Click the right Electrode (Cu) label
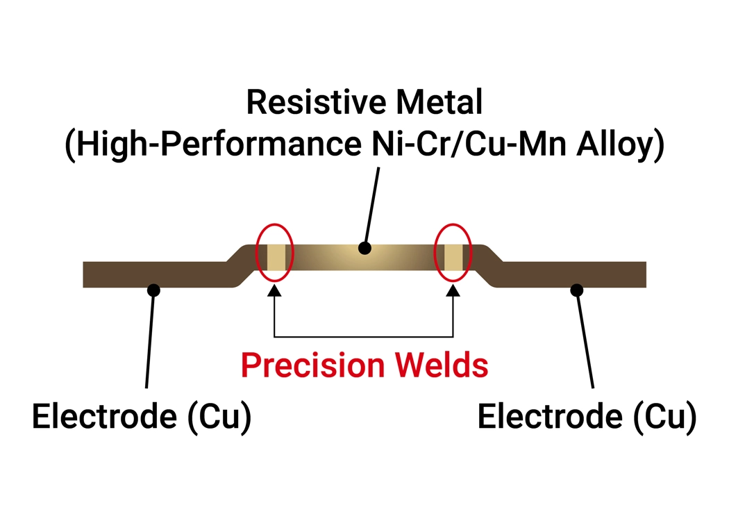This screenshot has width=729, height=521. pos(587,417)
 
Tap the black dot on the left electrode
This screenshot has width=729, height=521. pos(154,290)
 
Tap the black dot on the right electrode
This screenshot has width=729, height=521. pos(576,290)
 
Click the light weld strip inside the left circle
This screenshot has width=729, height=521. pos(276,258)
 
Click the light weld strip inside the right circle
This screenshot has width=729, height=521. pos(453,258)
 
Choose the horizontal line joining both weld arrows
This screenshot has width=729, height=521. pos(364,337)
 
